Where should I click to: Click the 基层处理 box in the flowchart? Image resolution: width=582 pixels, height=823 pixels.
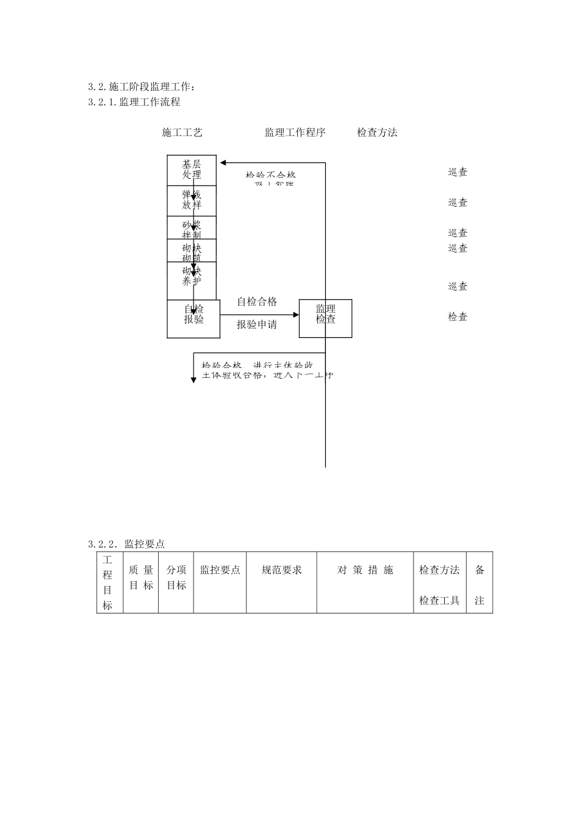tap(191, 170)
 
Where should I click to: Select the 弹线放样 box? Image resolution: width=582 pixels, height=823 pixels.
tap(191, 200)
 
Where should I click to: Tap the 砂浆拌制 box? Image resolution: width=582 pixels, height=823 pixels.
tap(191, 228)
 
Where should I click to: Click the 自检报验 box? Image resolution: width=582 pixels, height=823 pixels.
tap(194, 318)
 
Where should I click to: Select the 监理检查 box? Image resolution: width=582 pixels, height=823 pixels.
tap(325, 318)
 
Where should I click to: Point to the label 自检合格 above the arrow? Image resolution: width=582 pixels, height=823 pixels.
tap(257, 301)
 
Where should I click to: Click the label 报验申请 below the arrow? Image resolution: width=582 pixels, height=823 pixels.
tap(257, 325)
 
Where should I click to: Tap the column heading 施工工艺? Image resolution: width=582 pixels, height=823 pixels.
tap(182, 132)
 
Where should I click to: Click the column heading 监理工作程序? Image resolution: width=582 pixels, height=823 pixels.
tap(295, 132)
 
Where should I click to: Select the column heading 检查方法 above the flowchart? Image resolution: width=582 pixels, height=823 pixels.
tap(377, 132)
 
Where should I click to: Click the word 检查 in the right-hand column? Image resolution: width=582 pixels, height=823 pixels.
tap(458, 317)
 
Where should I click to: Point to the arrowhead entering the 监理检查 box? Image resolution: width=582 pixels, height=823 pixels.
tap(296, 315)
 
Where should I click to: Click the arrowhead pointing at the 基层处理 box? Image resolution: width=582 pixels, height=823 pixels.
tap(224, 163)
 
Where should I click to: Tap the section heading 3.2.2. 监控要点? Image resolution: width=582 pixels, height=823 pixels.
tap(126, 544)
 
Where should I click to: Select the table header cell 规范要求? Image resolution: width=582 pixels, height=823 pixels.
tap(282, 570)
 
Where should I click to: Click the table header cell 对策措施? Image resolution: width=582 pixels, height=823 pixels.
tap(365, 570)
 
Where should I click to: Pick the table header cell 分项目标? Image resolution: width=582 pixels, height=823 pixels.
tap(176, 577)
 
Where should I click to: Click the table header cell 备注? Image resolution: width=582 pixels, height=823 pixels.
tap(480, 585)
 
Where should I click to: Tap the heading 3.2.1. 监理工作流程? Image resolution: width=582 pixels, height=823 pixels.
tap(134, 102)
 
